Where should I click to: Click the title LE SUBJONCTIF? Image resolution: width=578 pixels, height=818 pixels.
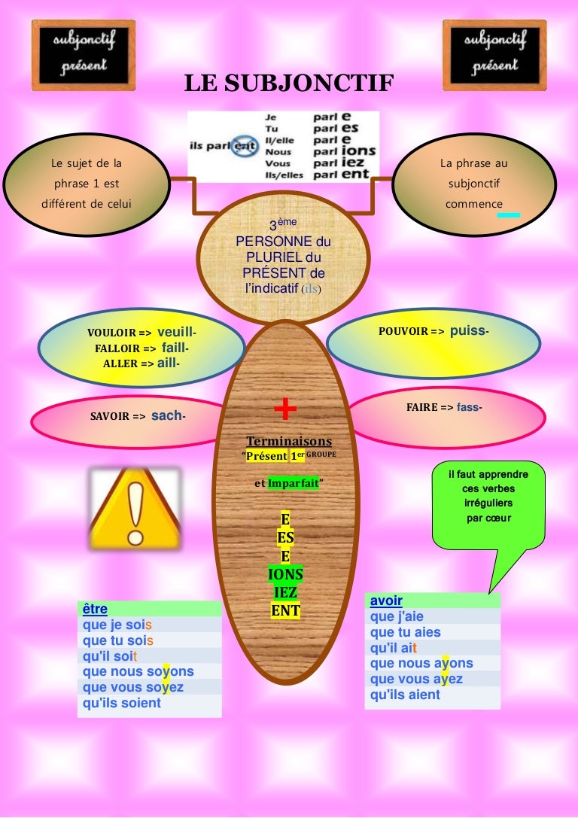(289, 84)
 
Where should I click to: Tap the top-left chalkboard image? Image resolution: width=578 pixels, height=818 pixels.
(84, 56)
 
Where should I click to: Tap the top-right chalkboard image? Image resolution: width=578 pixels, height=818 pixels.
(494, 56)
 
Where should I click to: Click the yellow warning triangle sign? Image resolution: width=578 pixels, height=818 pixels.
(135, 506)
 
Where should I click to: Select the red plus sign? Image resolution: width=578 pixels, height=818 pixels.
(285, 409)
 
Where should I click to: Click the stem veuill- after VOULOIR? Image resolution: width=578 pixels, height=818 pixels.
(177, 332)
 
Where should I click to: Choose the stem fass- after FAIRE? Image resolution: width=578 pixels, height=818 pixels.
(470, 407)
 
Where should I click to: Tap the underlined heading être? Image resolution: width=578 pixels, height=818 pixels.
(95, 609)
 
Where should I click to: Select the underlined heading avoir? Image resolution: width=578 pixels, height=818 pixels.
(386, 601)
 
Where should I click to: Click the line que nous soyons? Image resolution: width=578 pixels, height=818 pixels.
(138, 671)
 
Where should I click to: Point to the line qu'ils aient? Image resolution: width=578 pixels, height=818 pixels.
(405, 695)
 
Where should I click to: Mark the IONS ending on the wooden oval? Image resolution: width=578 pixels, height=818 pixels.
(285, 575)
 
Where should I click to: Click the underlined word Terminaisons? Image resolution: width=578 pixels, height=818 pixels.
(289, 441)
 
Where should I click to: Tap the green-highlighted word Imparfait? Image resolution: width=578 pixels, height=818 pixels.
(294, 484)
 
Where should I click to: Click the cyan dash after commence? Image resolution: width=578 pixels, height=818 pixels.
(509, 215)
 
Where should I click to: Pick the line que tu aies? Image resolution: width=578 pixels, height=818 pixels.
(405, 632)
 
